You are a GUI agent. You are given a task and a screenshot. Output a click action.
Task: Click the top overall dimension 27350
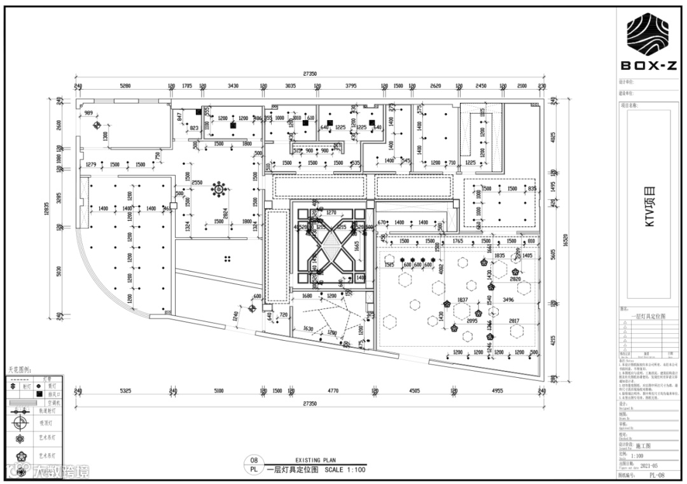click(x=310, y=74)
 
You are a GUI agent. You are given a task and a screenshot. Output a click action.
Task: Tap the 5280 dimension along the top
click(x=125, y=85)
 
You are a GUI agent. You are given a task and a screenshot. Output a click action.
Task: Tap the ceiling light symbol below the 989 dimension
click(x=97, y=125)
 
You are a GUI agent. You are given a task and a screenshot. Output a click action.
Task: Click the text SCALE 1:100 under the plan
click(x=345, y=470)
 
